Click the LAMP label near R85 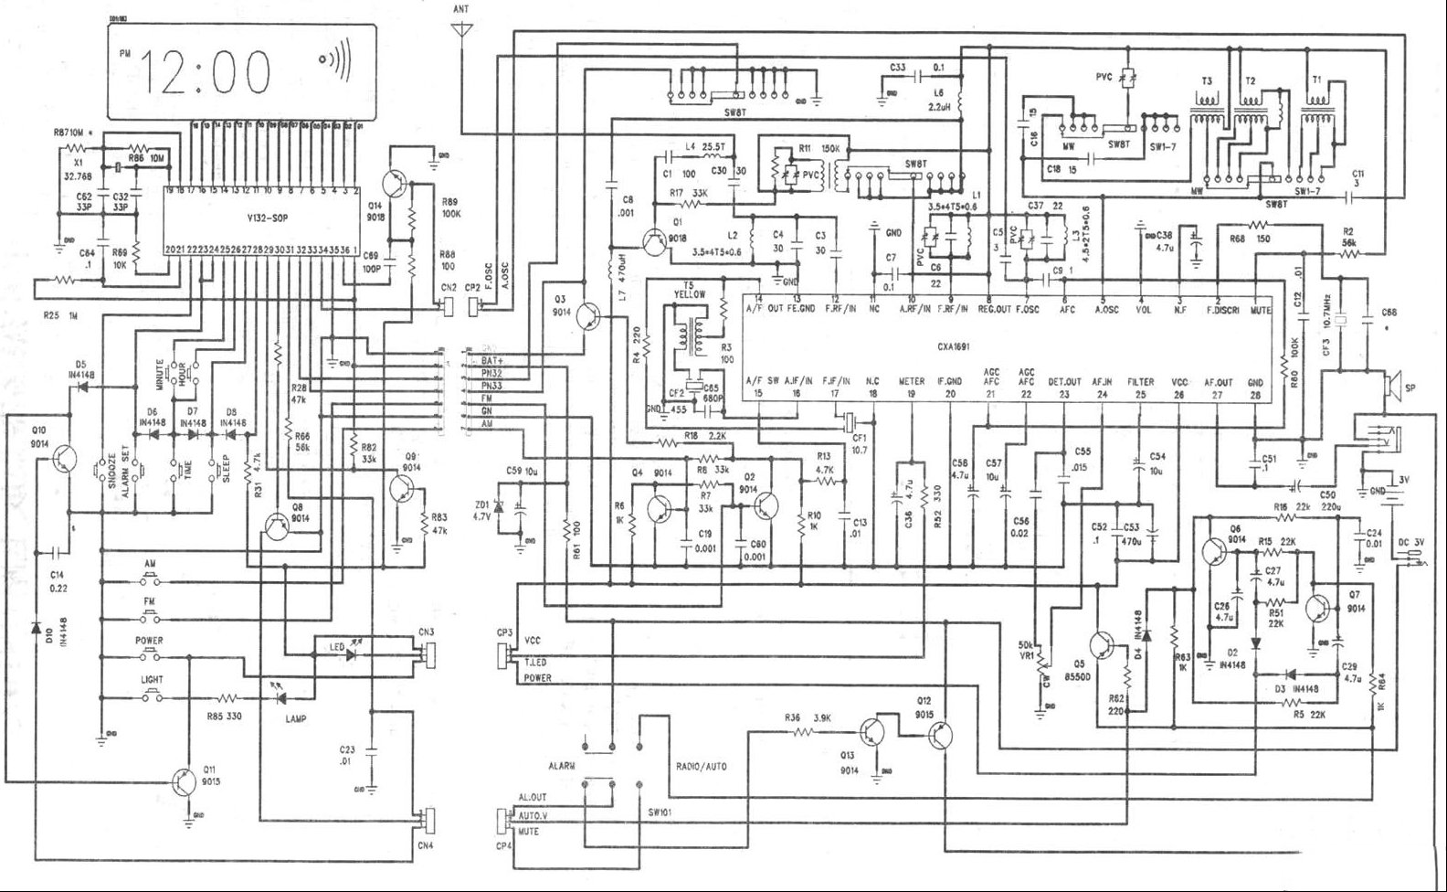pos(294,719)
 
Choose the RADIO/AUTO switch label pos(702,766)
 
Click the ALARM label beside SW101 pos(562,766)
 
